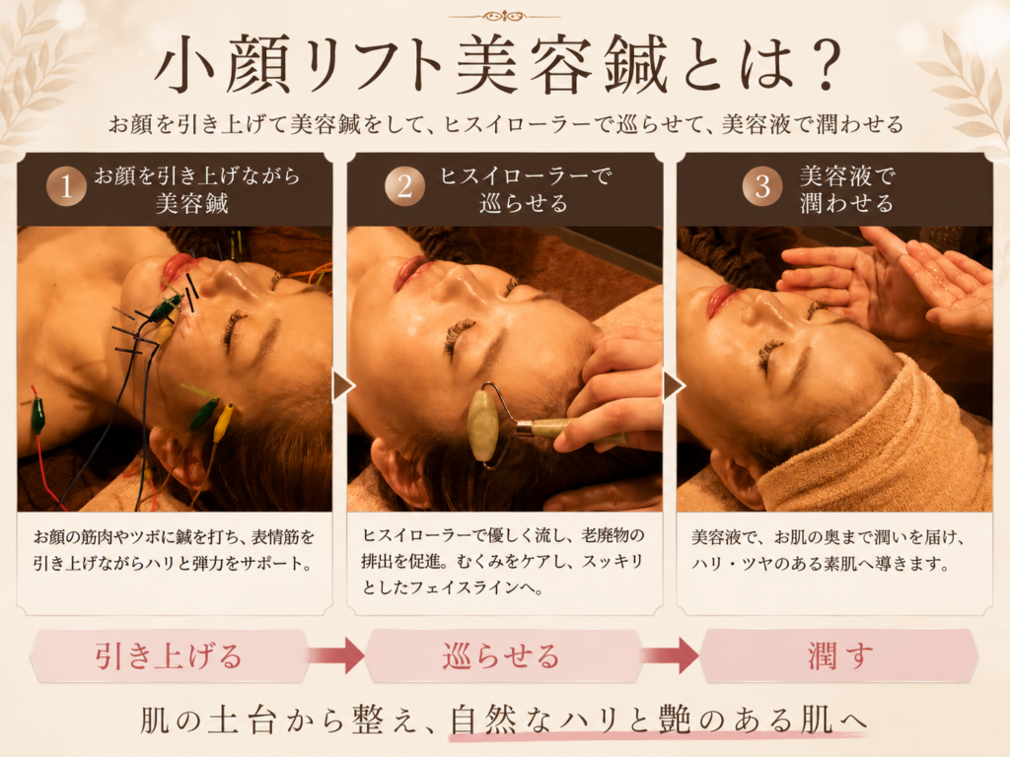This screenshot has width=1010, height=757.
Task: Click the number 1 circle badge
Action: [66, 186]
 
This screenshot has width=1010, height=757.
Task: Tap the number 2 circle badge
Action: [404, 186]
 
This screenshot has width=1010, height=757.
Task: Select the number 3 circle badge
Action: [762, 186]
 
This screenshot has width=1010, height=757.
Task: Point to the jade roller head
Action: [482, 425]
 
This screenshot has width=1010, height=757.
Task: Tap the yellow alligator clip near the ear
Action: [222, 422]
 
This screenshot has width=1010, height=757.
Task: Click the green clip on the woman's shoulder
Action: [38, 413]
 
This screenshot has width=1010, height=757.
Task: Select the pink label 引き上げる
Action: [168, 656]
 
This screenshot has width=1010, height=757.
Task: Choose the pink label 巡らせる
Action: [501, 656]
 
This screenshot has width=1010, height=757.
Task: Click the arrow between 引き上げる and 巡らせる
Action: [336, 655]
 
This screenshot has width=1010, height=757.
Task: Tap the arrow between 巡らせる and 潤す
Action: [671, 655]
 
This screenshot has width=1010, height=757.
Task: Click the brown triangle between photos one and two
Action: [343, 386]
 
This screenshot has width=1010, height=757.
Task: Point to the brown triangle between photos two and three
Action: [673, 386]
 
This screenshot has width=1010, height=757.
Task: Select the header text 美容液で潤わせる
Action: [846, 189]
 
